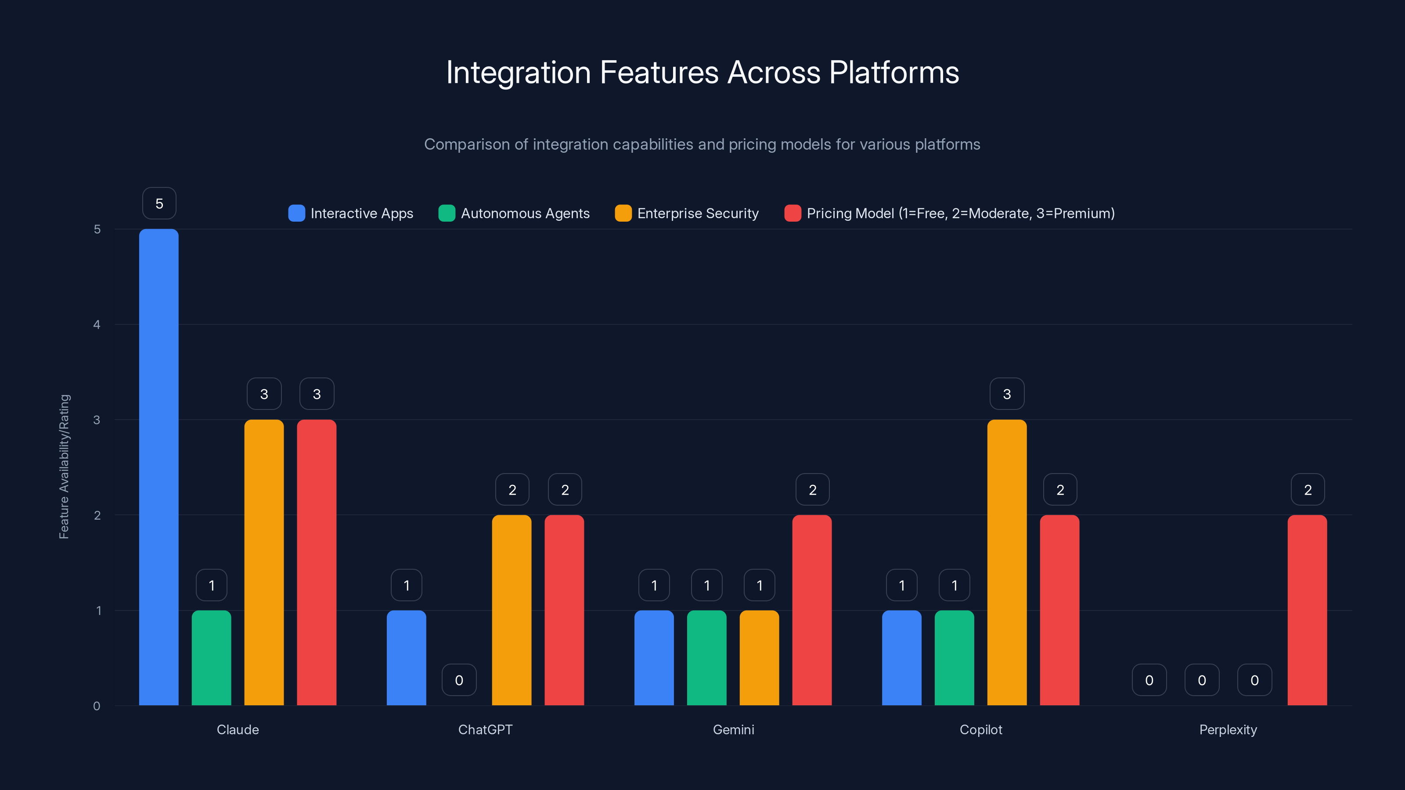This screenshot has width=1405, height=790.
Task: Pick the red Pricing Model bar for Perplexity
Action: point(1308,610)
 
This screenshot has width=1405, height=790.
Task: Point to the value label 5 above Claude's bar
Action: point(159,203)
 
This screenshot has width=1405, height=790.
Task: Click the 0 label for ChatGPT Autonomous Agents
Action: point(459,680)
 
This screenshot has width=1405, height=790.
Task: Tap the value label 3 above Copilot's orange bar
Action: point(1007,394)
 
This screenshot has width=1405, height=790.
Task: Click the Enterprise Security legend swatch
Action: point(623,213)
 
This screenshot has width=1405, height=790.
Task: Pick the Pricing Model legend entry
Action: point(960,213)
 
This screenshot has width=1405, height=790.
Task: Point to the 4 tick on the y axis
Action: point(97,325)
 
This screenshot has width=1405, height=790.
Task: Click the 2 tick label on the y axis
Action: point(97,515)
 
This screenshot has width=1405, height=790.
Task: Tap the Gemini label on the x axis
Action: point(733,729)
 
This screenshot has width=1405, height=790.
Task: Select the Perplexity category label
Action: point(1228,729)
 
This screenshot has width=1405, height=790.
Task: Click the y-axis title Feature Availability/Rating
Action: point(65,467)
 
